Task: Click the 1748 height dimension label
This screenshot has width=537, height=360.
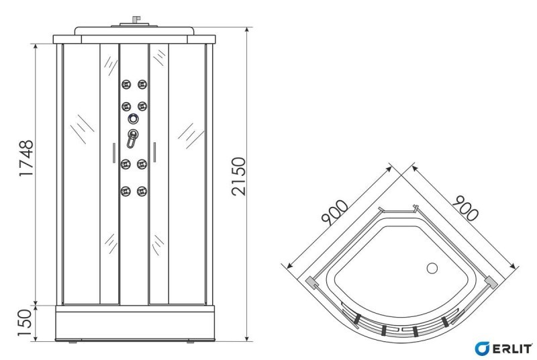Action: click(x=26, y=158)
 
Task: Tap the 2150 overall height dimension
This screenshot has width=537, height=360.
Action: click(x=238, y=177)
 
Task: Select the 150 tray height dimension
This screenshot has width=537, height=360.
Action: click(x=25, y=323)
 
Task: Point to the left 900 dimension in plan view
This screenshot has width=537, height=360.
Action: click(x=334, y=212)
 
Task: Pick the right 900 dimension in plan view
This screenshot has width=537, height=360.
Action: click(x=465, y=208)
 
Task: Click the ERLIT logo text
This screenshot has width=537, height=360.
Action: click(x=512, y=349)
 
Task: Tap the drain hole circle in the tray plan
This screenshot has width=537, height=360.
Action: click(x=432, y=268)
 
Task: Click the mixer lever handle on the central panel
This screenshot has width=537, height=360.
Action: click(x=132, y=139)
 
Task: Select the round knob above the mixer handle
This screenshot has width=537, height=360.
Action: click(x=133, y=119)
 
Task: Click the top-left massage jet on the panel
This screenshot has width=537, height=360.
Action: click(x=126, y=84)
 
